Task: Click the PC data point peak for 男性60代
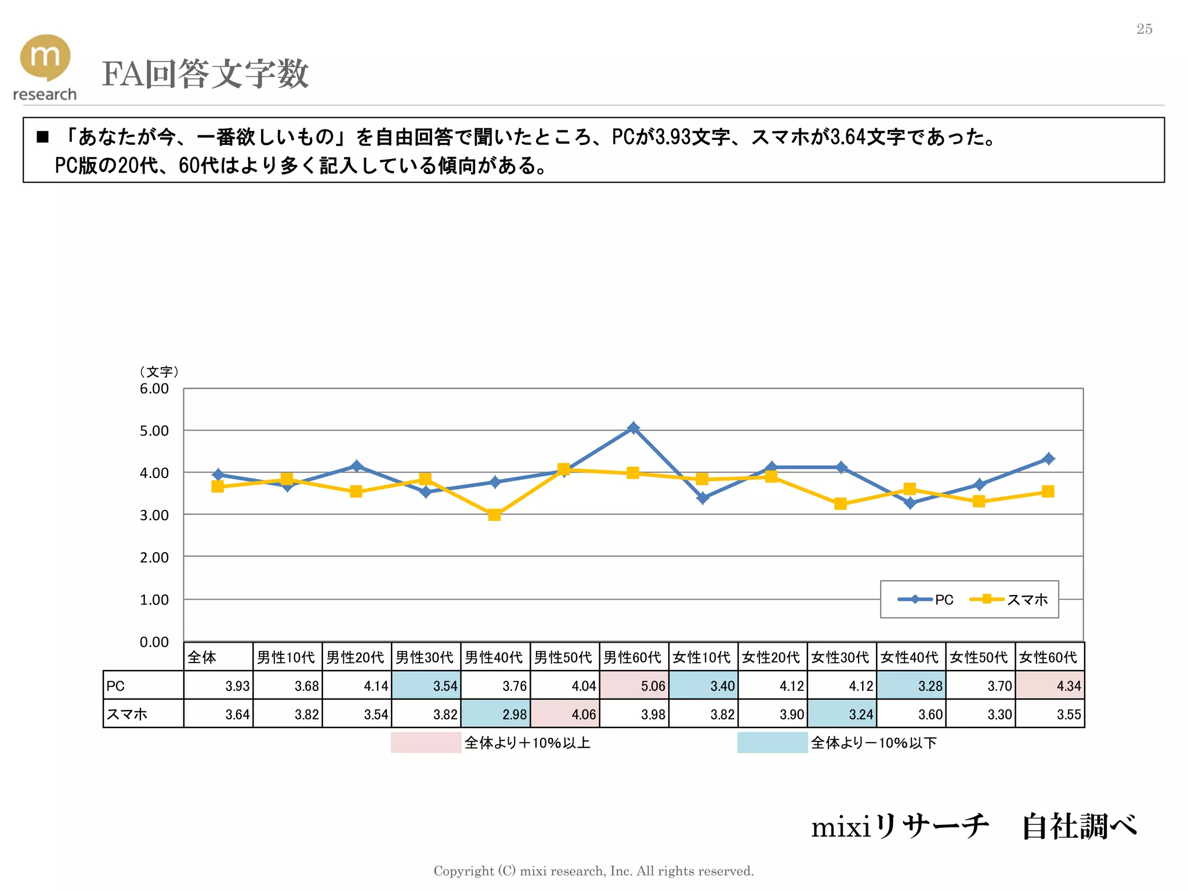pos(633,428)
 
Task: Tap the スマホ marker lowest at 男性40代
pos(494,515)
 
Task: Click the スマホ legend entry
pos(1009,599)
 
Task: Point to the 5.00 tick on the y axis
pos(154,431)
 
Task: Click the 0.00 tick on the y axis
pos(154,642)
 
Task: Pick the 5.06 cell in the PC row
pos(634,686)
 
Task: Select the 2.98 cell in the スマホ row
pos(495,714)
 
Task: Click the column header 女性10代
pos(702,657)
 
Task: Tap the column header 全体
pos(218,657)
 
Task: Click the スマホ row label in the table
pos(143,714)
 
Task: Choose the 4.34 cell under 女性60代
pos(1050,686)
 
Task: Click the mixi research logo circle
pos(45,57)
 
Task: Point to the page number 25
pos(1144,29)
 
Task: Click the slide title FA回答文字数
pos(205,74)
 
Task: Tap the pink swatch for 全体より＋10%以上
pos(426,742)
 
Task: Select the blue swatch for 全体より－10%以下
pos(772,742)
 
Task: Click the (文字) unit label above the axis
pos(158,371)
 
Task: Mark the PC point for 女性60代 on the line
pos(1048,459)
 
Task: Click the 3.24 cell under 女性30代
pos(842,714)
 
